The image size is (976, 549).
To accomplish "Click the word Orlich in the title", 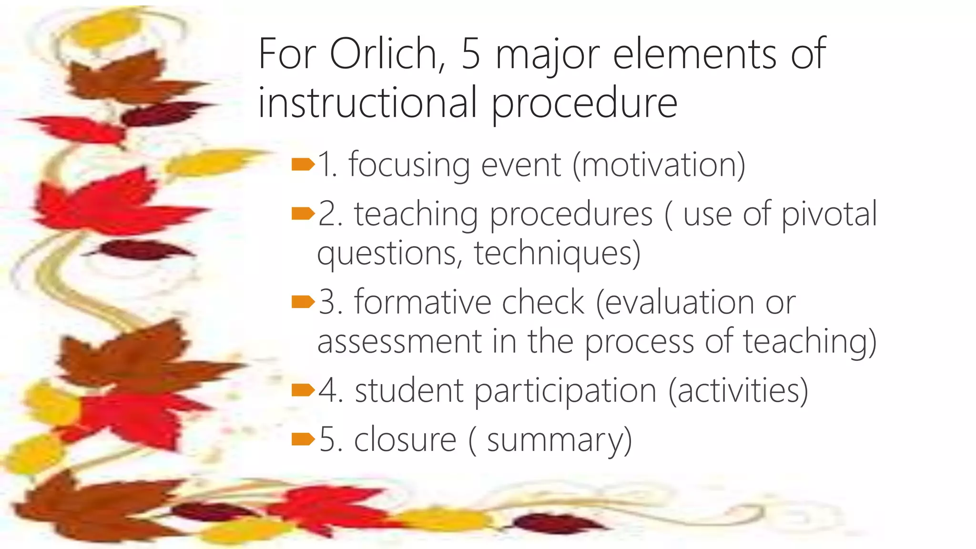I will point(387,54).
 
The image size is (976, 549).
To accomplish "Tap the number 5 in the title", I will point(470,54).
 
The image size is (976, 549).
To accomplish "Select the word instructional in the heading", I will point(367,103).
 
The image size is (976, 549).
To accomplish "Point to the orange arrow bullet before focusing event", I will point(303,165).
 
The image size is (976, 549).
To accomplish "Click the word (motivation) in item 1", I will point(659,165).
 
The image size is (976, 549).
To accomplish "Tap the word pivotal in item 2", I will point(829,214).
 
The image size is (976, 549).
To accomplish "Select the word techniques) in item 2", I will point(557,253).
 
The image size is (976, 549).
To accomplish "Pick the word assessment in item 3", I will point(399,342).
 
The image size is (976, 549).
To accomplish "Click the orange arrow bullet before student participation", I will point(303,390).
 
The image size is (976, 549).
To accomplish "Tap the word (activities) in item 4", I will point(738,390).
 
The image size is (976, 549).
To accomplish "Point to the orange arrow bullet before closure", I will point(303,439).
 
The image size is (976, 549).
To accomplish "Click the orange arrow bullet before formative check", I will point(303,302).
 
